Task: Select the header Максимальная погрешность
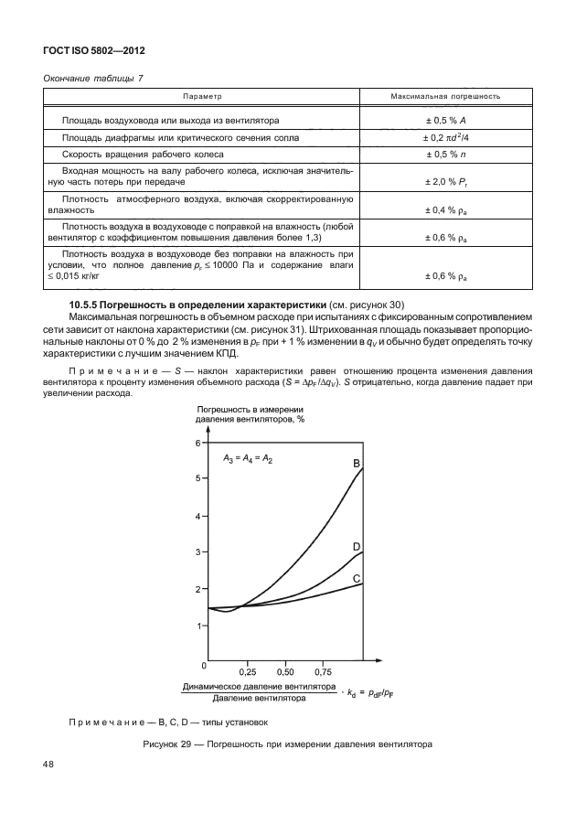click(x=445, y=96)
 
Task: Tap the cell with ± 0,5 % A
click(x=445, y=121)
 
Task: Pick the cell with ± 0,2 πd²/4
click(x=445, y=137)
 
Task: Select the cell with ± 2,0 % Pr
click(x=445, y=182)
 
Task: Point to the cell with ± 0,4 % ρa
click(x=445, y=210)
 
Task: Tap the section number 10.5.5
click(x=87, y=304)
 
